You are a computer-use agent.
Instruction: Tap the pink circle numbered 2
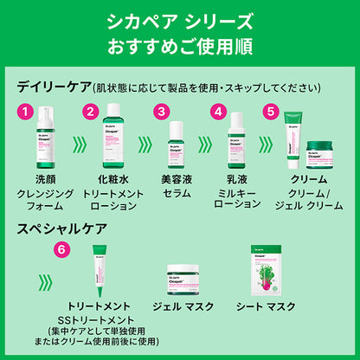[89, 112]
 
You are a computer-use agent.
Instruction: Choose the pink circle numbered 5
[271, 112]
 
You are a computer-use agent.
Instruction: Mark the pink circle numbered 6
[60, 247]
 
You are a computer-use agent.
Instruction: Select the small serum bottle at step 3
[177, 144]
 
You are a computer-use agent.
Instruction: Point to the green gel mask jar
[184, 280]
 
